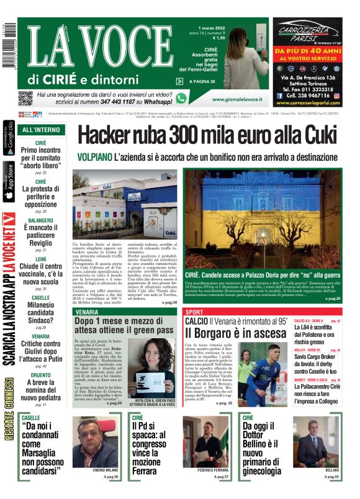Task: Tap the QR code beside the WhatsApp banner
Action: pyautogui.click(x=25, y=98)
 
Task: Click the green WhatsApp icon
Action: pyautogui.click(x=181, y=98)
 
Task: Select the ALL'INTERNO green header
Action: pyautogui.click(x=41, y=130)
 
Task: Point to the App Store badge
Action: pyautogui.click(x=8, y=182)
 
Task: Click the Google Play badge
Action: pyautogui.click(x=8, y=140)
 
